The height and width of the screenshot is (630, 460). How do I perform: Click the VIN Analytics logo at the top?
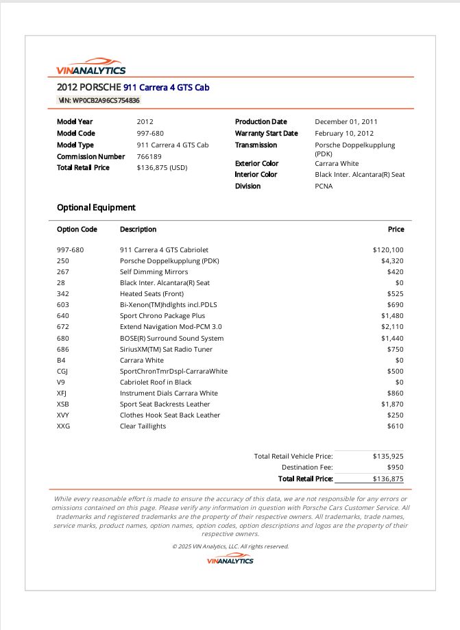(91, 66)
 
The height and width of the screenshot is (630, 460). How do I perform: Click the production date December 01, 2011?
(346, 122)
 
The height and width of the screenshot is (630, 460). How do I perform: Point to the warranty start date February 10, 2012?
(344, 134)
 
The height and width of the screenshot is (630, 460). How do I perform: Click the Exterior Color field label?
(256, 164)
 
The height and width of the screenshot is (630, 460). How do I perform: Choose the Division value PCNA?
(324, 186)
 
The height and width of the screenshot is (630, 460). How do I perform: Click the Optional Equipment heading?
(96, 208)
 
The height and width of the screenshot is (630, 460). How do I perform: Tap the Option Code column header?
(77, 230)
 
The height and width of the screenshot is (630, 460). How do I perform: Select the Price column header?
(396, 230)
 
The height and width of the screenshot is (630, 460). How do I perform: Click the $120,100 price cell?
(388, 250)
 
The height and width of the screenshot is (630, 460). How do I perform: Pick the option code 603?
(63, 305)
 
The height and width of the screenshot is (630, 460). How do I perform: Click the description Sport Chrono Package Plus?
(162, 316)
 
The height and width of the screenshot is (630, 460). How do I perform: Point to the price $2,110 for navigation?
(392, 327)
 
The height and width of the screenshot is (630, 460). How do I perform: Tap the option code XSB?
(64, 404)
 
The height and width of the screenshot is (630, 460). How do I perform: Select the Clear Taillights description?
(143, 426)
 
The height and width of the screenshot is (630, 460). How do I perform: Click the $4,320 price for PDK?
(392, 261)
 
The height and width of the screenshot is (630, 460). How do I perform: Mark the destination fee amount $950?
(395, 467)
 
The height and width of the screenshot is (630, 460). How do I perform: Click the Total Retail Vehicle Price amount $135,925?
(388, 456)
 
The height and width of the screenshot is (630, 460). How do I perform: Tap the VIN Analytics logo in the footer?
(230, 561)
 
